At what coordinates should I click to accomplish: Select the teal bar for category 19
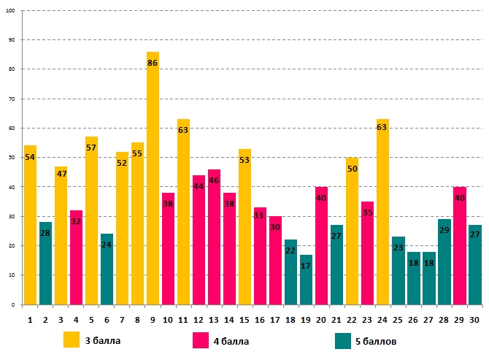coord(306,281)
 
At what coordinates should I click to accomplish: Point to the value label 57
coord(91,148)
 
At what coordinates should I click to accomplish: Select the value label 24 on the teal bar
coord(107,245)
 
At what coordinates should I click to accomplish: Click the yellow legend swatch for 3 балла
coord(72,340)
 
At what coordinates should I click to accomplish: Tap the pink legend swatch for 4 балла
coord(201,340)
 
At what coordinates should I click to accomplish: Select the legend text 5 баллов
coord(377,340)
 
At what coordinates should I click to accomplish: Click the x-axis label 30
coord(474,319)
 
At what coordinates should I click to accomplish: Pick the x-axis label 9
coord(153,319)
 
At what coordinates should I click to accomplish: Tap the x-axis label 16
coord(260,319)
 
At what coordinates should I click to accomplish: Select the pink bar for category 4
coord(76,259)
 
